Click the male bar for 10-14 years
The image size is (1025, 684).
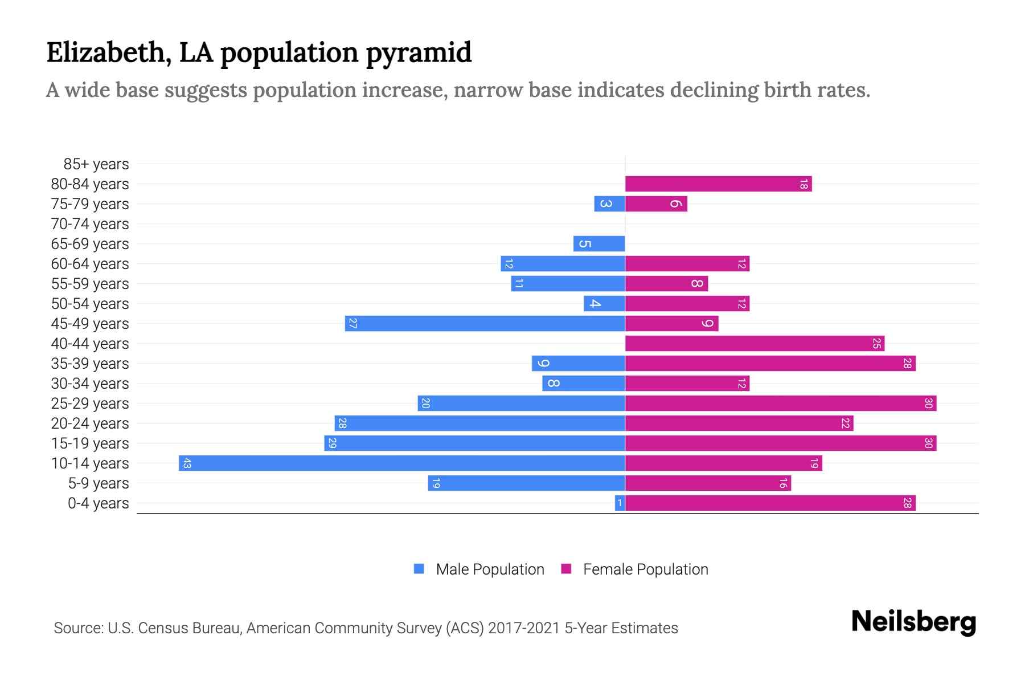click(x=401, y=463)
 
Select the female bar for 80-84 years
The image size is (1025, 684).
click(x=717, y=184)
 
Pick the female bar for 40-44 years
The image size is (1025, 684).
click(x=755, y=344)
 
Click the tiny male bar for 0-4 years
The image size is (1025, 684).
click(x=620, y=503)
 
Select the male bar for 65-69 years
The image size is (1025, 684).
click(x=599, y=244)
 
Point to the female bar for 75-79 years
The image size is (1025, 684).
click(x=656, y=204)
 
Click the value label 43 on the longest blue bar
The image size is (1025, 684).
click(x=187, y=463)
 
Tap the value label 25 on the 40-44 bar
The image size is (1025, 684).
click(x=876, y=344)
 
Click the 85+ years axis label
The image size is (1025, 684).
click(x=96, y=164)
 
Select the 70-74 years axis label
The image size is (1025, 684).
click(x=90, y=224)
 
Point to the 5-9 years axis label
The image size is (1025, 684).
click(x=98, y=483)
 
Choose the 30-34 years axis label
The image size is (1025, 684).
click(x=90, y=384)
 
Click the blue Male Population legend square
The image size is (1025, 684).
click(x=419, y=569)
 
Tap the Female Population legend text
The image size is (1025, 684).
click(x=645, y=569)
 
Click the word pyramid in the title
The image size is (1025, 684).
click(x=419, y=53)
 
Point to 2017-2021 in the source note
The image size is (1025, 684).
click(x=523, y=628)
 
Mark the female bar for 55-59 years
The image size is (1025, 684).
click(x=666, y=284)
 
